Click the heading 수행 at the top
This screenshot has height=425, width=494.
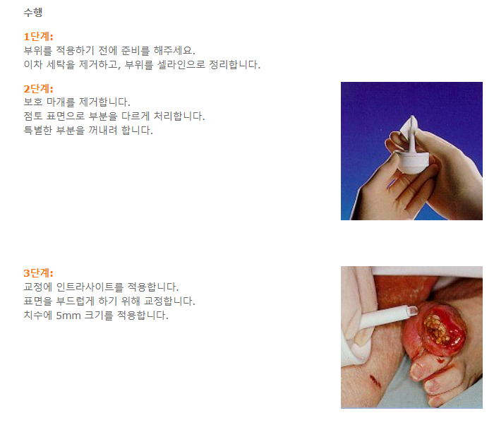coord(33,12)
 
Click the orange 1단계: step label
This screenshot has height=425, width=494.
coord(38,37)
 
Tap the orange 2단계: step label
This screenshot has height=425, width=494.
coord(38,88)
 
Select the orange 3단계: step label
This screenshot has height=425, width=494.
coord(38,273)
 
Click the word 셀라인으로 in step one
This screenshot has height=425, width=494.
coord(181,64)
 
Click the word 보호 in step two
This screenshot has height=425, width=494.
coord(33,102)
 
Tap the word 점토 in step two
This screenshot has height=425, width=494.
coord(33,116)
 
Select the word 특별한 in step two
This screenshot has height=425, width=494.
coord(38,130)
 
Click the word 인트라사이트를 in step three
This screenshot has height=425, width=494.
coord(90,287)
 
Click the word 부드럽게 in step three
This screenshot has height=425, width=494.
coord(76,301)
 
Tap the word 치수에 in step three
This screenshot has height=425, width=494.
coord(38,316)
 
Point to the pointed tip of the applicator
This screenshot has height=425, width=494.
coord(412,116)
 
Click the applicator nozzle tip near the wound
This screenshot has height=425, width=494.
coord(413,311)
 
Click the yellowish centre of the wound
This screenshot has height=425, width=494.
coord(437,330)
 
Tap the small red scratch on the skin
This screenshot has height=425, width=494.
coord(375,381)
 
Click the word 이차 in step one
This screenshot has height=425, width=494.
coord(33,64)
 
